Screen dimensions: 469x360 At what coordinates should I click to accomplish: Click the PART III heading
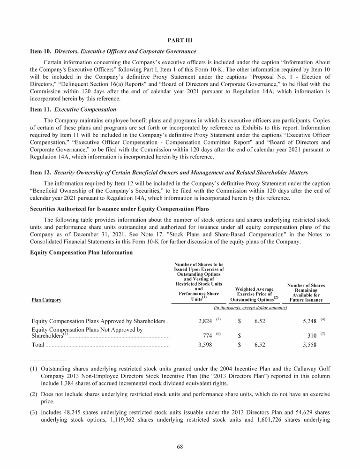point(180,40)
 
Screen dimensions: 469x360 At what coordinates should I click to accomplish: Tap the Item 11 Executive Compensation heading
point(73,109)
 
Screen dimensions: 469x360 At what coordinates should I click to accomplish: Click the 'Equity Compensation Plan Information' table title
point(82,252)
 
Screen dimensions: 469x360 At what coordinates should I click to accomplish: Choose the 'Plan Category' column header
point(46,300)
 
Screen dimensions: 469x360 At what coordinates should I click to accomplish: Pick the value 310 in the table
point(310,336)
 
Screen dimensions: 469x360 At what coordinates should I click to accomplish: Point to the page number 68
point(180,446)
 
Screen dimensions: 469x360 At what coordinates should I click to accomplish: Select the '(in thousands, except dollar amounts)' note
point(250,308)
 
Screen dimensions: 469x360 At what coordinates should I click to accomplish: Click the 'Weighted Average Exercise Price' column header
point(254,292)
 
